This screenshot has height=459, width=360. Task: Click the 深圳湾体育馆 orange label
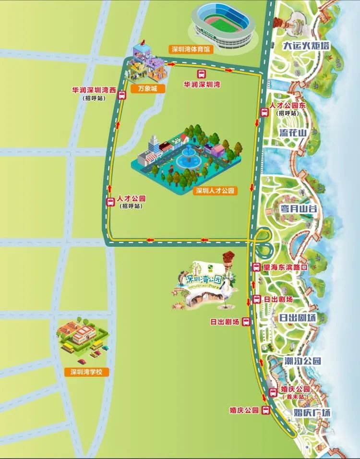(x=191, y=49)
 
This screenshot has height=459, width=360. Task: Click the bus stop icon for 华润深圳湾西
(x=122, y=95)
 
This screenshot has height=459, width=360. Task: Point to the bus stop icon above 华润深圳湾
(x=201, y=74)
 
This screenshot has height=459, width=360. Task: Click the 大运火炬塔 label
(x=306, y=46)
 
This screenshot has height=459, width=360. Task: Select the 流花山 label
(x=293, y=133)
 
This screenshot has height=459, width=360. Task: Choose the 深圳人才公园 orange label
(x=216, y=191)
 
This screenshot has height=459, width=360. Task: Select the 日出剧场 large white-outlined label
(x=298, y=317)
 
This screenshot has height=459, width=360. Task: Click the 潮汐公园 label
(x=301, y=361)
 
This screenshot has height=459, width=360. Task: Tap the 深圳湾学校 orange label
(x=87, y=372)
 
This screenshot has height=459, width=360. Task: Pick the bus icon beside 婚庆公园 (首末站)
(x=273, y=393)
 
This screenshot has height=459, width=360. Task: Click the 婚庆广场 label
(x=312, y=412)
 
